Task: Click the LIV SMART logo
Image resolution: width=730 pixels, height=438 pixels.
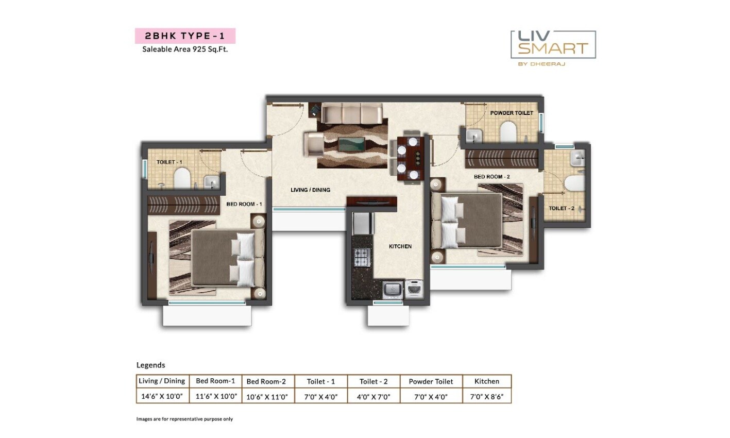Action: [553, 45]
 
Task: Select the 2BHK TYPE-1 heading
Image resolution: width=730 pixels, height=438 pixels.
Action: [185, 36]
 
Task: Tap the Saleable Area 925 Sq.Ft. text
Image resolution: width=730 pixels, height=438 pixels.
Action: [185, 50]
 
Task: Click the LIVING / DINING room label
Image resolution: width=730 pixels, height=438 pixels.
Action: [310, 190]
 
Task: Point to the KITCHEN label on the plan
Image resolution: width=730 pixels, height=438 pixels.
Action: [400, 246]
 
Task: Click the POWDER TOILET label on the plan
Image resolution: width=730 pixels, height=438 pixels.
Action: [511, 113]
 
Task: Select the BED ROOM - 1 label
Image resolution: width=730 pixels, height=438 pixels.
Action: [244, 204]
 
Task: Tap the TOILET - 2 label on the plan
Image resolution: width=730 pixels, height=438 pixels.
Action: [561, 208]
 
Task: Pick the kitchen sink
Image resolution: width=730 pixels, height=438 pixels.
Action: [393, 290]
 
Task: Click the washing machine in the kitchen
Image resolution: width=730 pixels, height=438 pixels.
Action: [414, 289]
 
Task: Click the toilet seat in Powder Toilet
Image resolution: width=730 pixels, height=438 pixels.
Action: [508, 131]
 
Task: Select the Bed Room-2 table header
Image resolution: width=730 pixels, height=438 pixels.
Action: [266, 382]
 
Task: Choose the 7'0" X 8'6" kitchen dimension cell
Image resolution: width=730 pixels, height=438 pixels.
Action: [486, 396]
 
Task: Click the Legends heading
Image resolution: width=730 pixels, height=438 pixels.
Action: [150, 365]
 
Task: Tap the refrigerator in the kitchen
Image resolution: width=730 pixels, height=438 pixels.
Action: [362, 223]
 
